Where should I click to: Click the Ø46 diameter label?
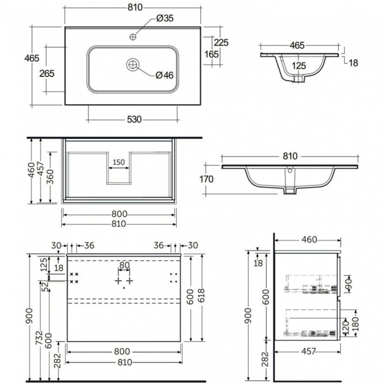pos(164,75)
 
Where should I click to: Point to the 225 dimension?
pos(222,43)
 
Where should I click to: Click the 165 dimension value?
pos(211,54)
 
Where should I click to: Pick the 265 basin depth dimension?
pos(47,73)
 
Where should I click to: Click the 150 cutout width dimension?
pos(118,162)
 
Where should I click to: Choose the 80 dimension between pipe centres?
pos(124,265)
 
